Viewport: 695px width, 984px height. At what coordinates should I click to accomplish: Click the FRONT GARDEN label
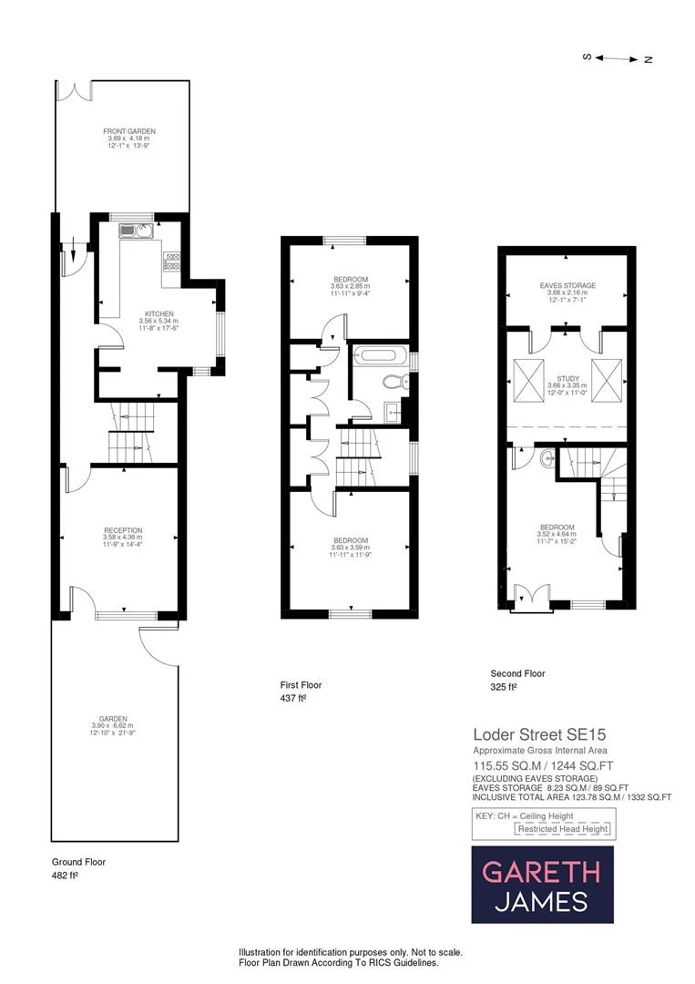[122, 132]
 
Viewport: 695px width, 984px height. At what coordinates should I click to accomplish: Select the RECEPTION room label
[122, 530]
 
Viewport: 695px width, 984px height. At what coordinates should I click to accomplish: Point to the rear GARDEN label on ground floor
[115, 718]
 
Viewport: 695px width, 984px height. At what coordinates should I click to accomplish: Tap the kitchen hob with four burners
[171, 262]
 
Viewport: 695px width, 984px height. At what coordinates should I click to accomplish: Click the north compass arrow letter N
[649, 59]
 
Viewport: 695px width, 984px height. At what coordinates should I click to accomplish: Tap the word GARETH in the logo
[541, 872]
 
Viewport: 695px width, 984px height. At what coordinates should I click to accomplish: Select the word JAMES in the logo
[542, 902]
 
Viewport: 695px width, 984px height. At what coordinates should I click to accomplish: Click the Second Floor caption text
[517, 674]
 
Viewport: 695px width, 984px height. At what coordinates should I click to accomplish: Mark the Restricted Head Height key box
[565, 829]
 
